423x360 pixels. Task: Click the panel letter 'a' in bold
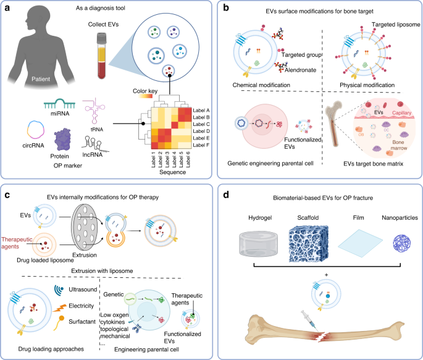8,9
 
